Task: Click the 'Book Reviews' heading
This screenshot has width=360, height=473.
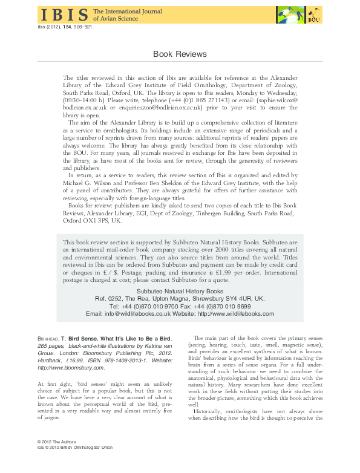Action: point(180,54)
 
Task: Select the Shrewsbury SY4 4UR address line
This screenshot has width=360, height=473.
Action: point(180,299)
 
